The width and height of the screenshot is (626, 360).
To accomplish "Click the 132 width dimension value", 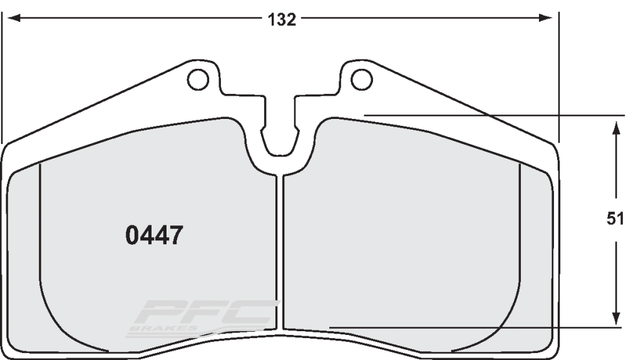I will click(282, 19).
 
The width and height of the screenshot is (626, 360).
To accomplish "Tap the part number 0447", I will click(154, 235).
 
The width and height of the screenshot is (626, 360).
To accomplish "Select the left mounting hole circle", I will click(198, 80).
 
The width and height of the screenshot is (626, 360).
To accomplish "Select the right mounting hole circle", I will click(361, 80).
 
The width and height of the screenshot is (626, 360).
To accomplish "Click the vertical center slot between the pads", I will click(280, 250).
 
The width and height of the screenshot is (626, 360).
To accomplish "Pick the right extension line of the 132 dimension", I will click(558, 75).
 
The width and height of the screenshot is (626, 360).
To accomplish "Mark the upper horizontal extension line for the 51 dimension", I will click(495, 116).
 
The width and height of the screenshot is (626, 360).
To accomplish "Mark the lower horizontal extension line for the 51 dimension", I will click(476, 327).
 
